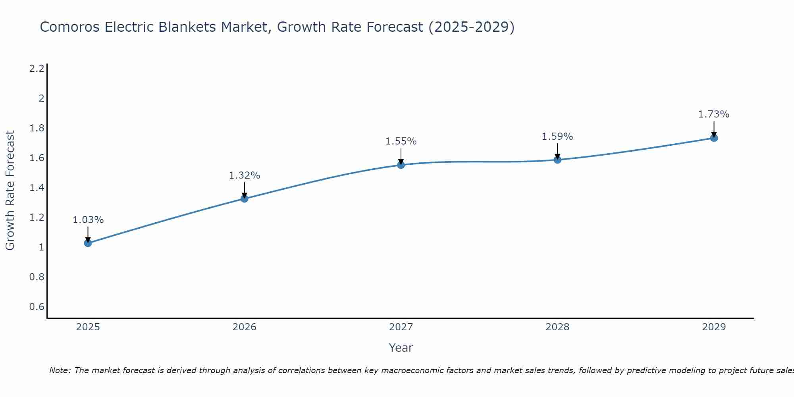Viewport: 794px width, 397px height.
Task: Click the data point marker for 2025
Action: click(x=88, y=243)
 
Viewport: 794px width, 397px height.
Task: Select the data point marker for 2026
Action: click(x=245, y=198)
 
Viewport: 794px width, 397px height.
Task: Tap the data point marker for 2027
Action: click(x=401, y=165)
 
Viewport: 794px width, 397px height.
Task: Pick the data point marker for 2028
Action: click(x=557, y=160)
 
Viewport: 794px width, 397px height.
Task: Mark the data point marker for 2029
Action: click(x=714, y=138)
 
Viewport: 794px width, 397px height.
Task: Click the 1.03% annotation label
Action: click(x=88, y=220)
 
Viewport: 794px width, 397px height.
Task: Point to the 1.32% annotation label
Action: click(x=245, y=175)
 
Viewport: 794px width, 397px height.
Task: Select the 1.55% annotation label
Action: click(x=401, y=141)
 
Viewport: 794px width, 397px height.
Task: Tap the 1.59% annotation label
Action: click(x=557, y=137)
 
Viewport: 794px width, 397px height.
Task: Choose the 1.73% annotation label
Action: click(x=714, y=114)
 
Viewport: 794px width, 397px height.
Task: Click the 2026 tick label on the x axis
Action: click(x=245, y=327)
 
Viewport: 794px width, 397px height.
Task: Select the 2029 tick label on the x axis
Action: click(x=714, y=327)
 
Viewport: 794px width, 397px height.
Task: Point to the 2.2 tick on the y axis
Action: click(x=37, y=69)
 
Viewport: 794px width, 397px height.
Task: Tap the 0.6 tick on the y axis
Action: click(x=37, y=307)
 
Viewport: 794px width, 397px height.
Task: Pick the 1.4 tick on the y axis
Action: click(x=37, y=188)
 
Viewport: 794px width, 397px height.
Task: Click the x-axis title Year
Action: click(x=401, y=348)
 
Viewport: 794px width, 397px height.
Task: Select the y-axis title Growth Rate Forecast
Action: click(x=10, y=191)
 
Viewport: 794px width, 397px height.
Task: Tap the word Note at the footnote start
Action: click(x=60, y=370)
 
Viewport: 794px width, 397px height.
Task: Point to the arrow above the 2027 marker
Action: click(x=401, y=156)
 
